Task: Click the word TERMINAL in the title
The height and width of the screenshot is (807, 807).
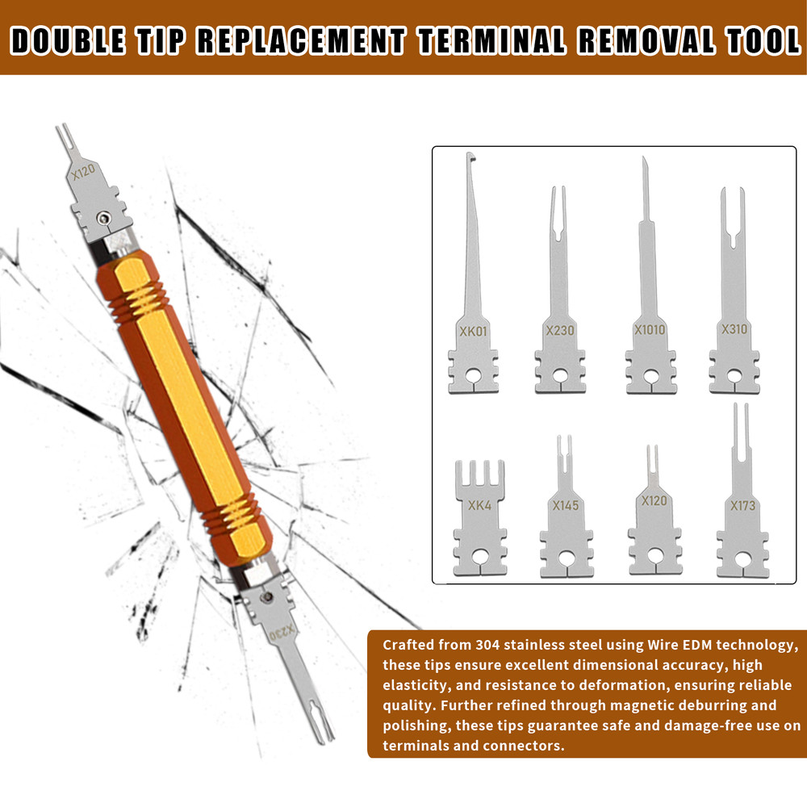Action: click(x=497, y=40)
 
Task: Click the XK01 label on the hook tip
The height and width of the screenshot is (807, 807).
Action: click(x=473, y=331)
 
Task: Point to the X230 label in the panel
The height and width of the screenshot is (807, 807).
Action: click(x=559, y=331)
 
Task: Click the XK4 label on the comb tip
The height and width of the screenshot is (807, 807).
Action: click(x=479, y=507)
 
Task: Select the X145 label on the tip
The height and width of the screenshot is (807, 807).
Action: click(x=566, y=506)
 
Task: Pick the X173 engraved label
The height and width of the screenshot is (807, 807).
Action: click(x=742, y=507)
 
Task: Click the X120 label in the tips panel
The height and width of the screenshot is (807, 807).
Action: click(x=654, y=501)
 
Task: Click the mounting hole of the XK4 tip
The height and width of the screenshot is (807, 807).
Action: click(x=480, y=557)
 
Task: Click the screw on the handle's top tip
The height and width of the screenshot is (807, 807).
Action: click(x=102, y=217)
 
